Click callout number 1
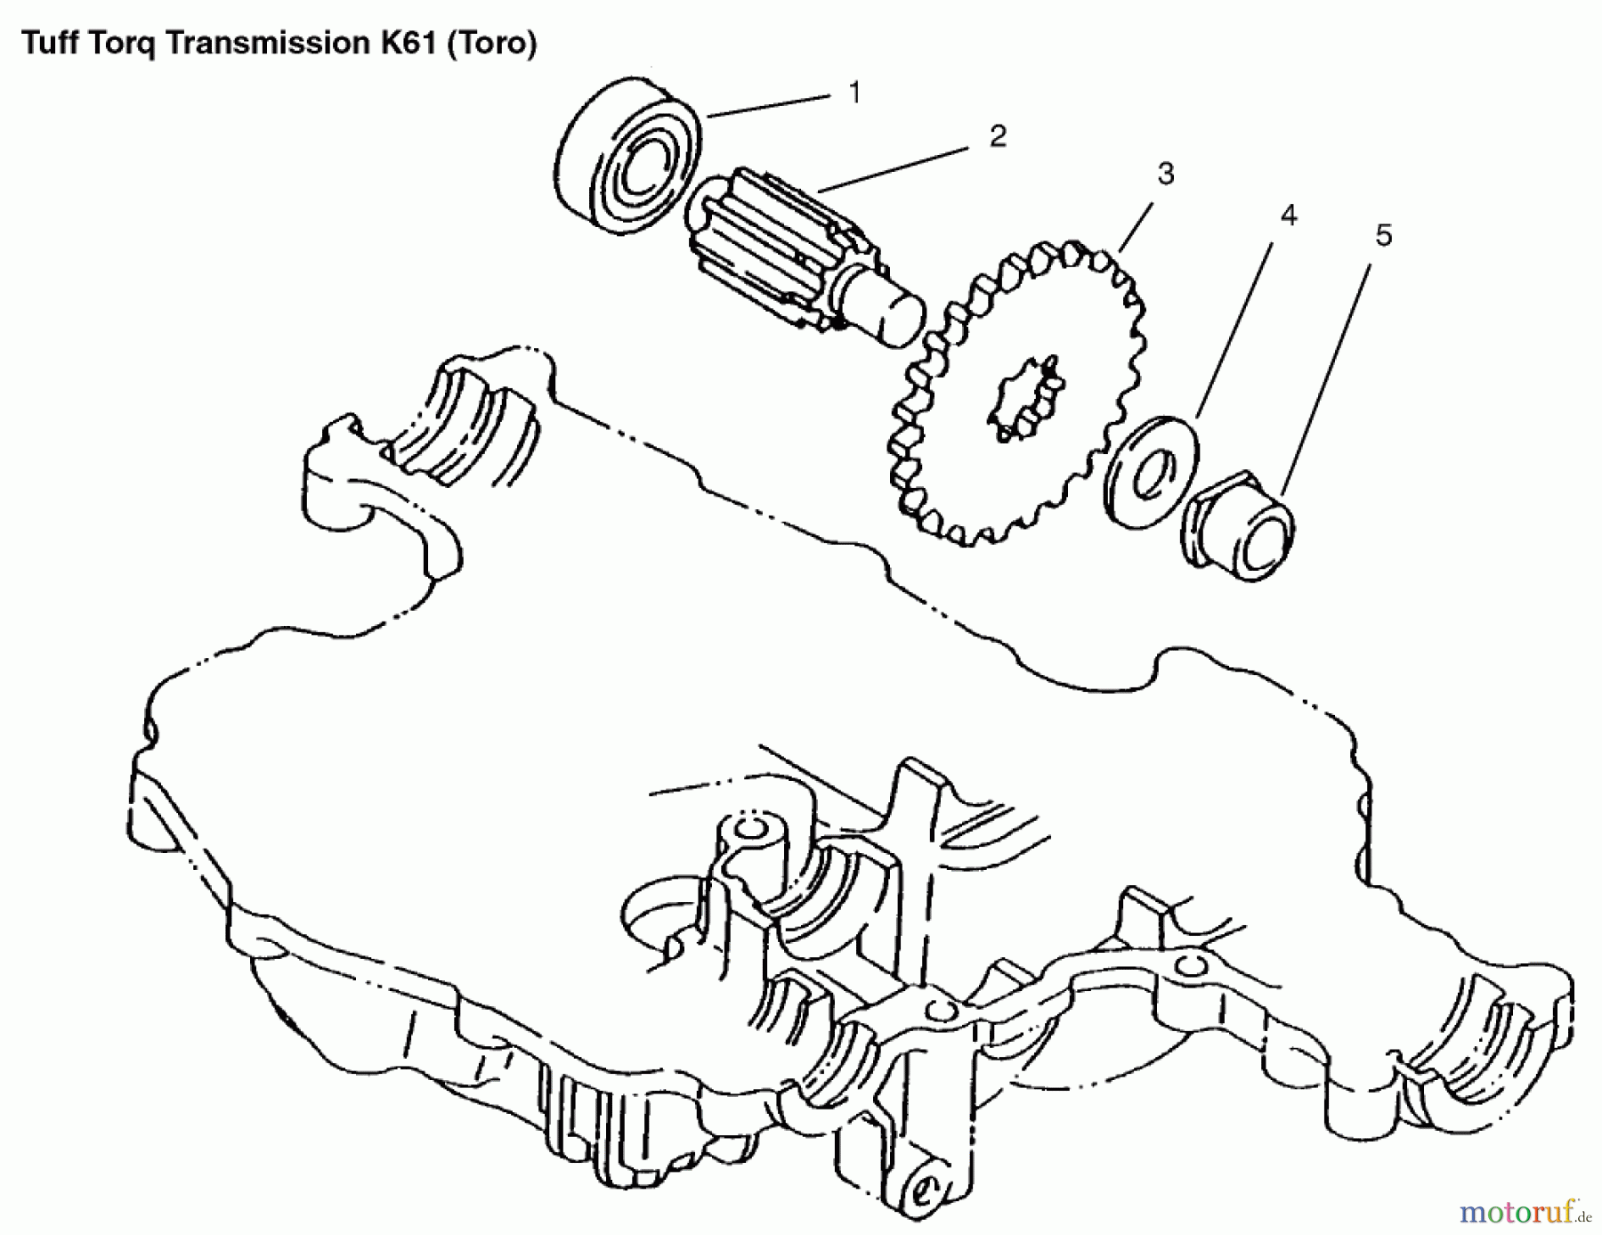(x=854, y=93)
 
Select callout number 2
(x=998, y=136)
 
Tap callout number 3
(x=1165, y=173)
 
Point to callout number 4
(x=1288, y=215)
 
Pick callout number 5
(x=1383, y=236)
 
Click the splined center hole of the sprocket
(x=1026, y=399)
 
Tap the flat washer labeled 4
(x=1151, y=472)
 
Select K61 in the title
(x=409, y=43)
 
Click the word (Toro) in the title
(x=491, y=43)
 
